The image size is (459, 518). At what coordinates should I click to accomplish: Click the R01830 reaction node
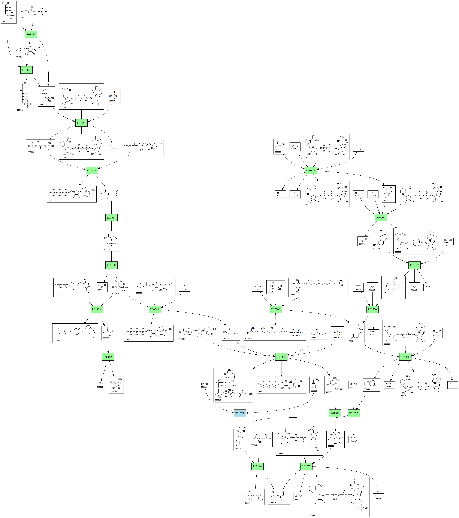[x=31, y=34]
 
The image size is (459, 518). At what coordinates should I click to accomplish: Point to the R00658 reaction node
[x=111, y=265]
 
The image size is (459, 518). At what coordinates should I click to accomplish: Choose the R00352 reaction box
[x=281, y=357]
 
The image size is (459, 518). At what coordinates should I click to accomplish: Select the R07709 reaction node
[x=381, y=218]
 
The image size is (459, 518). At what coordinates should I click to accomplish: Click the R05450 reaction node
[x=405, y=357]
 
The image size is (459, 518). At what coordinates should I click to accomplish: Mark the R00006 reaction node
[x=108, y=357]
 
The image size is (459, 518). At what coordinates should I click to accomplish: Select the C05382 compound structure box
[x=25, y=96]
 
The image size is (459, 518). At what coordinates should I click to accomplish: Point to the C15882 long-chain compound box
[x=318, y=287]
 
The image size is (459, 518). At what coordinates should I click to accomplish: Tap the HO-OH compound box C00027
[x=448, y=241]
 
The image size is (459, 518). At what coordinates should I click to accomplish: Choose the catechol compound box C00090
[x=280, y=147]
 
